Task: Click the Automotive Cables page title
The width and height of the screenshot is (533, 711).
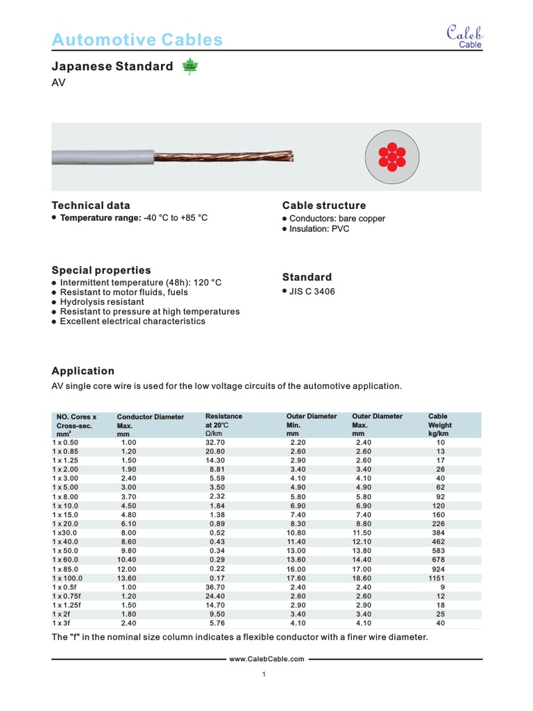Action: [x=137, y=40]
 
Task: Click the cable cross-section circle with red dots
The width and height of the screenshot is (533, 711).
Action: [x=392, y=157]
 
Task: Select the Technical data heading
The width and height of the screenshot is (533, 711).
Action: [x=91, y=206]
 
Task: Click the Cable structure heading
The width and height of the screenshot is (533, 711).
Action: [x=324, y=206]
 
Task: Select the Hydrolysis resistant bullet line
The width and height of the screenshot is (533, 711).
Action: [x=102, y=302]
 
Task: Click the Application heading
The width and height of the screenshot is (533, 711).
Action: [x=83, y=371]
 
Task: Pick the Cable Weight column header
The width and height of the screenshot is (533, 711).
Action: [x=440, y=425]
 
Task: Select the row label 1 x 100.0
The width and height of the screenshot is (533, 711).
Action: [x=67, y=578]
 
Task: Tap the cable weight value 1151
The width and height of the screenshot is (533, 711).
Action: [x=439, y=578]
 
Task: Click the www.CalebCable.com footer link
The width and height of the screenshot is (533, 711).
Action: [x=266, y=659]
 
